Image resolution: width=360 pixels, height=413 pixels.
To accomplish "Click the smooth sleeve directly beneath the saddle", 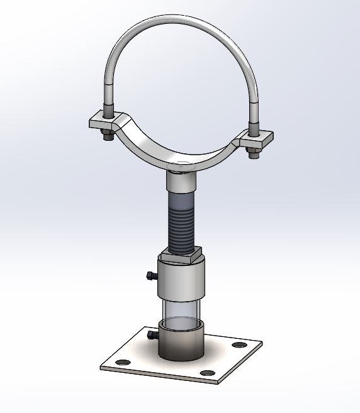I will (182, 183).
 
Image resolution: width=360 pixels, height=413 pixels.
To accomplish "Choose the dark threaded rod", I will (182, 223).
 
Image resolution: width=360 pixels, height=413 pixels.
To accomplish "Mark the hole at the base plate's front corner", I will (205, 373).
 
